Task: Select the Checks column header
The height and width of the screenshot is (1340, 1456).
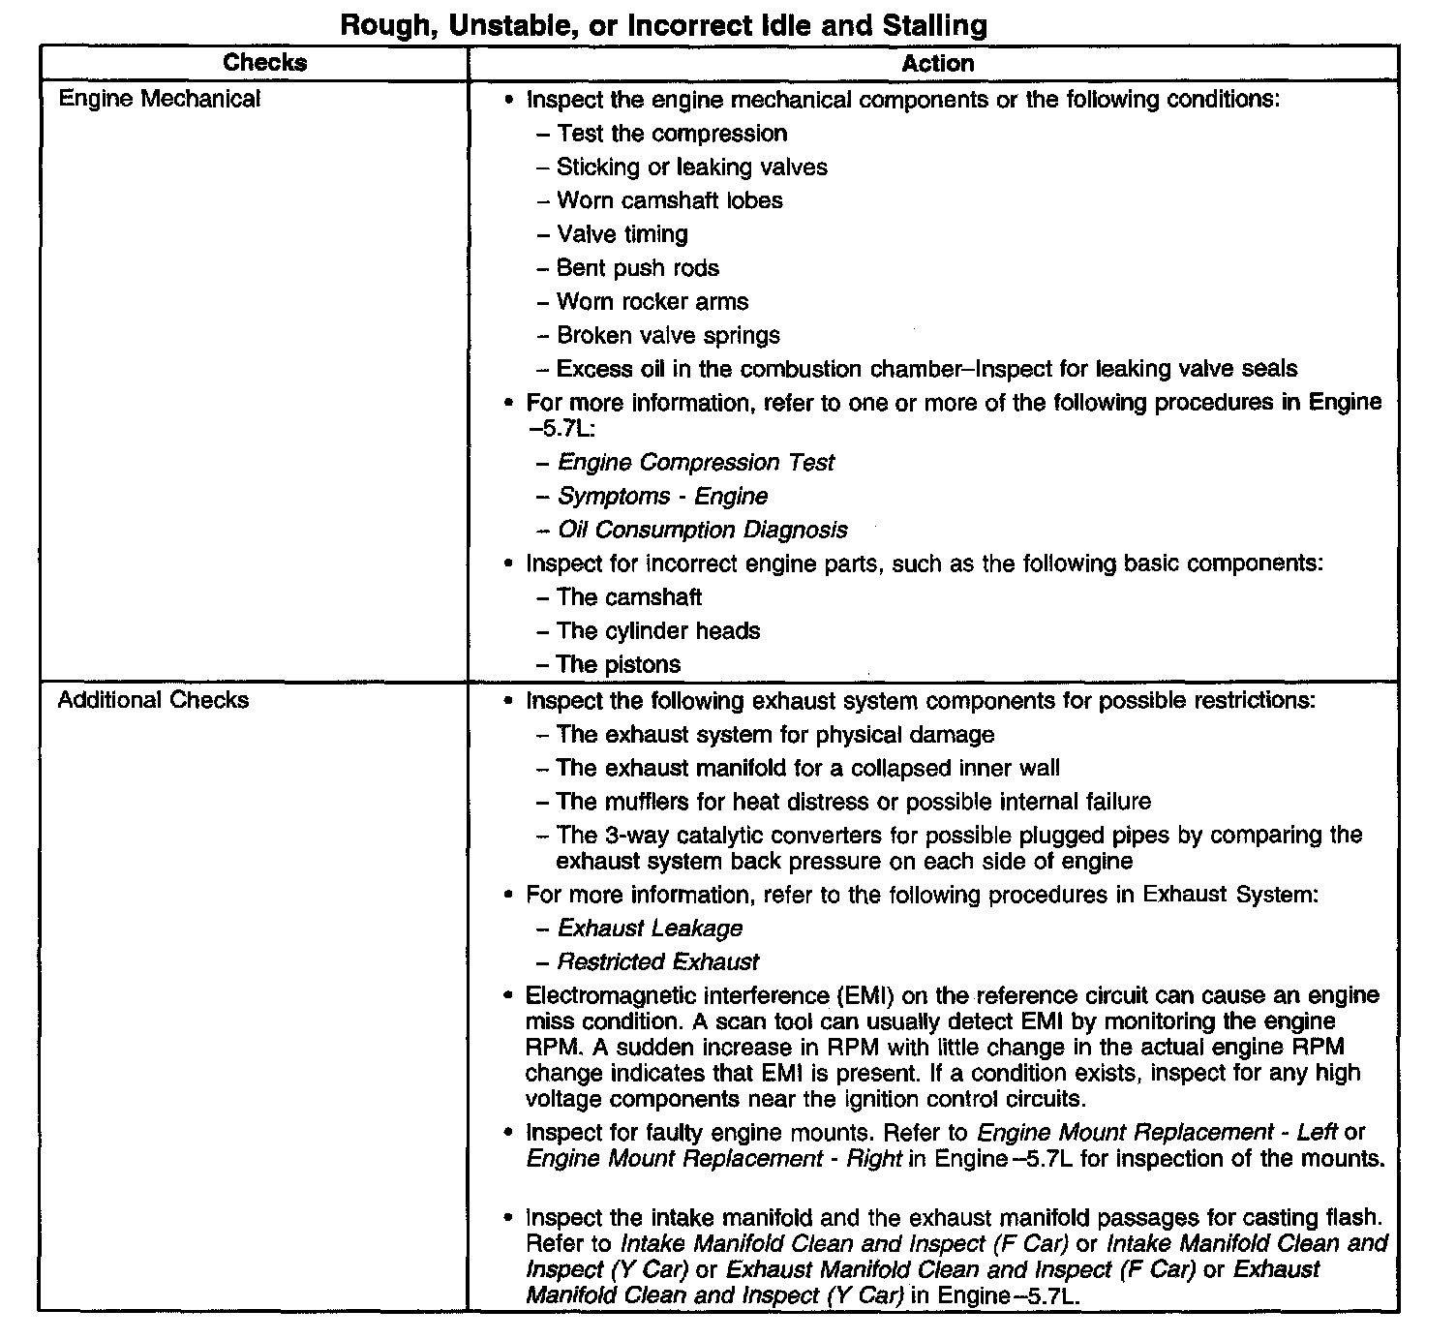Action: click(x=264, y=63)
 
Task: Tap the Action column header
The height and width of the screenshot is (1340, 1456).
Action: click(x=937, y=64)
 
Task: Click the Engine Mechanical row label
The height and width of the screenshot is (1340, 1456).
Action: click(x=160, y=99)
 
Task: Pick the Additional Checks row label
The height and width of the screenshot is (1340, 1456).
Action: click(x=153, y=700)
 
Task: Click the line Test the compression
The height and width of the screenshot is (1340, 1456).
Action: click(x=672, y=134)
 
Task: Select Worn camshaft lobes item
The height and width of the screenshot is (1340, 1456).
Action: click(x=670, y=200)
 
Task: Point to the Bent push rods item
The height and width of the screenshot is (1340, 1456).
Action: click(x=638, y=268)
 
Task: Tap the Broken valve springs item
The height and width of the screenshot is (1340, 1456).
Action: click(x=668, y=336)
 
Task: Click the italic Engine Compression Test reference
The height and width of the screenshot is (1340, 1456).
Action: click(x=696, y=463)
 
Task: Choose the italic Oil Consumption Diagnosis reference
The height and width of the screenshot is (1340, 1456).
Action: click(x=703, y=531)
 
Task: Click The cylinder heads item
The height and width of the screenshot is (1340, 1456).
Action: click(x=658, y=631)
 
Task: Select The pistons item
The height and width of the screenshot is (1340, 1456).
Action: click(x=619, y=665)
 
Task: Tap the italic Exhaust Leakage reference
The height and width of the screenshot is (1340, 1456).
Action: click(x=651, y=929)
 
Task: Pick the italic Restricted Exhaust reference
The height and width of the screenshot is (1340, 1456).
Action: click(x=658, y=962)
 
